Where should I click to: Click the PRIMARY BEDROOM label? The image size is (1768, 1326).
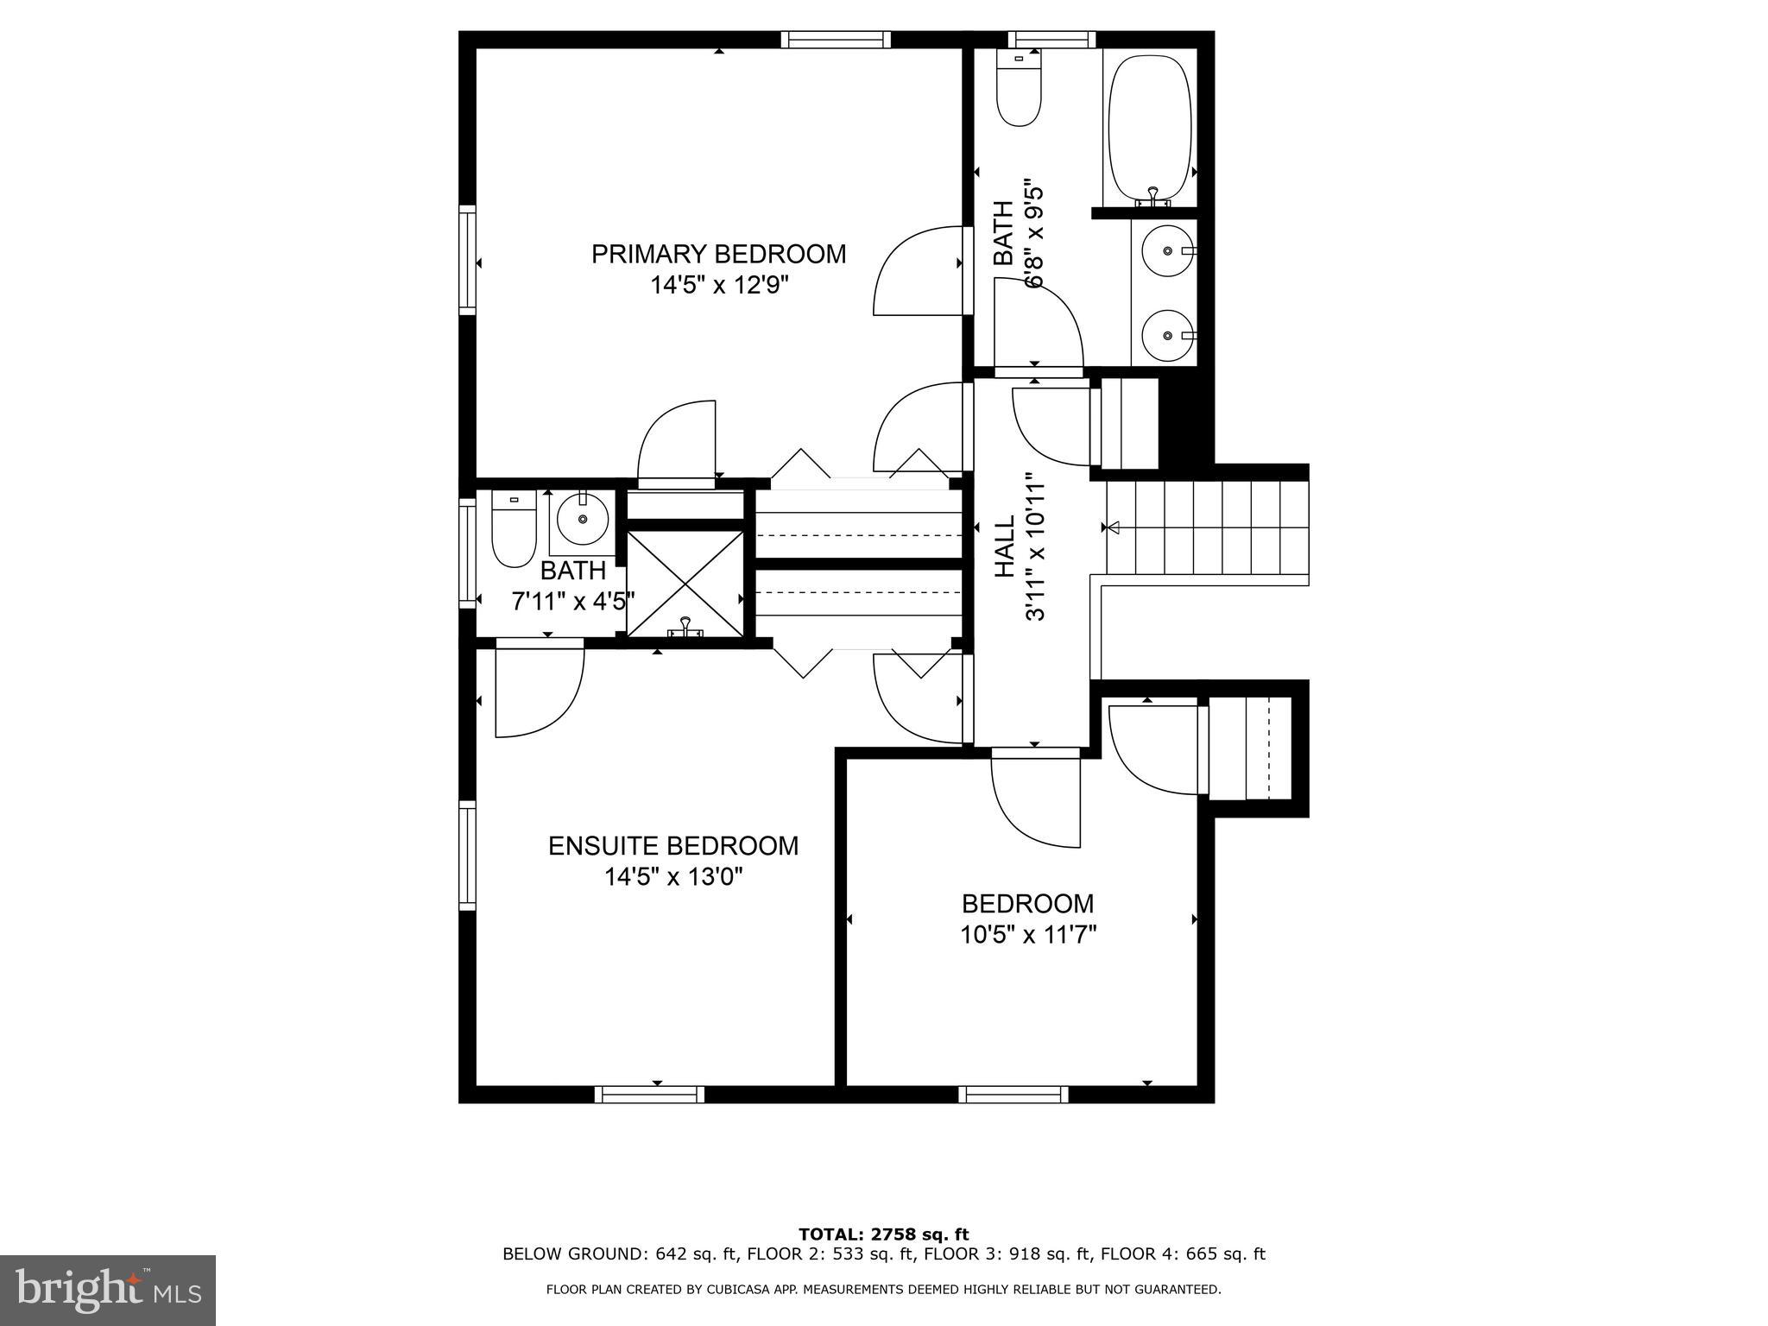tap(718, 254)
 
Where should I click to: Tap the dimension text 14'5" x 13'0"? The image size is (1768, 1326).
tap(673, 877)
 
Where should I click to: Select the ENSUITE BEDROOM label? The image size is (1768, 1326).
tap(673, 846)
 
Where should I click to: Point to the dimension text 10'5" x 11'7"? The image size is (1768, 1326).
tap(1027, 935)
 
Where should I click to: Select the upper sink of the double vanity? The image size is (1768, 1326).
tap(1166, 251)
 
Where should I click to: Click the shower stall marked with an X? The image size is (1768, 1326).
tap(685, 584)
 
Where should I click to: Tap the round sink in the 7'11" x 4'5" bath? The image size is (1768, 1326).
tap(583, 520)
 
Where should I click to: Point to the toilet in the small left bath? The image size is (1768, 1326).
tap(513, 528)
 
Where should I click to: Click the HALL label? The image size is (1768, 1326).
tap(1005, 546)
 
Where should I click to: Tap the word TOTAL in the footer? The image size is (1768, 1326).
tap(831, 1234)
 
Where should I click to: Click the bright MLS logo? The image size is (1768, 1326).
tap(108, 1290)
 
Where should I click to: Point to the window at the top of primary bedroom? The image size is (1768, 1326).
tap(835, 40)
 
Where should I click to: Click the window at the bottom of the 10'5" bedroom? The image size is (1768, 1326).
tap(1013, 1095)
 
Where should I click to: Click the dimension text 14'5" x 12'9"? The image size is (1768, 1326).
tap(720, 286)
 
